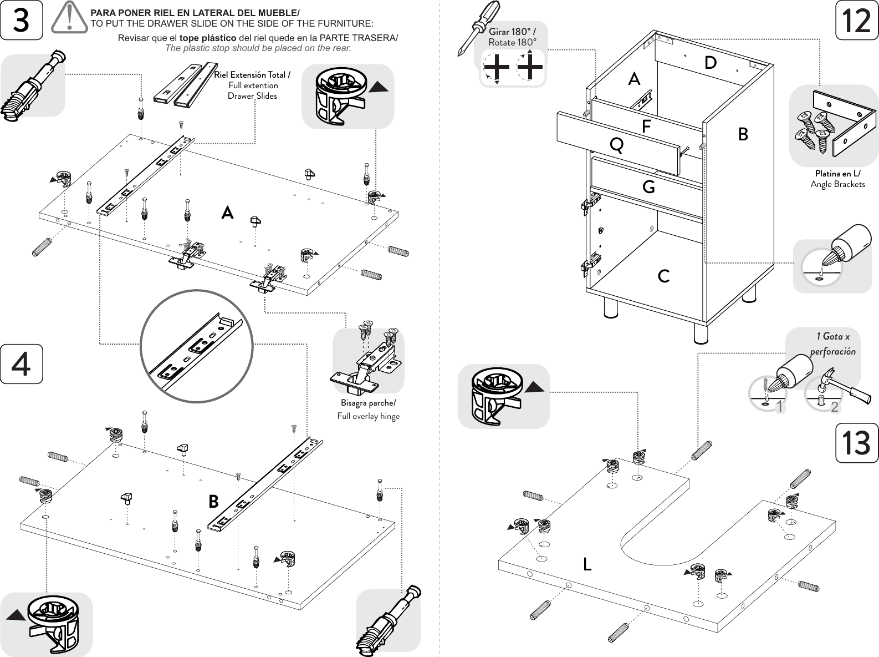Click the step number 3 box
(x=21, y=21)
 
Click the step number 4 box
(x=21, y=364)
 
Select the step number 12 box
(x=857, y=21)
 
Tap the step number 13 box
(x=857, y=443)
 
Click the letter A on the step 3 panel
(x=227, y=213)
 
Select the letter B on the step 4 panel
(x=213, y=502)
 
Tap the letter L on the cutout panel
(x=587, y=564)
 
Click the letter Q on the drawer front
(x=616, y=145)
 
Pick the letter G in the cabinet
(x=648, y=187)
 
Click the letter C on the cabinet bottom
(x=663, y=276)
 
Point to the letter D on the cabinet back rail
(x=711, y=63)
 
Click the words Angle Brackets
(x=837, y=184)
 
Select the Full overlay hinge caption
(x=368, y=416)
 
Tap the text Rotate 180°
(x=513, y=43)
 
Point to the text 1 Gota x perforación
(x=832, y=343)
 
